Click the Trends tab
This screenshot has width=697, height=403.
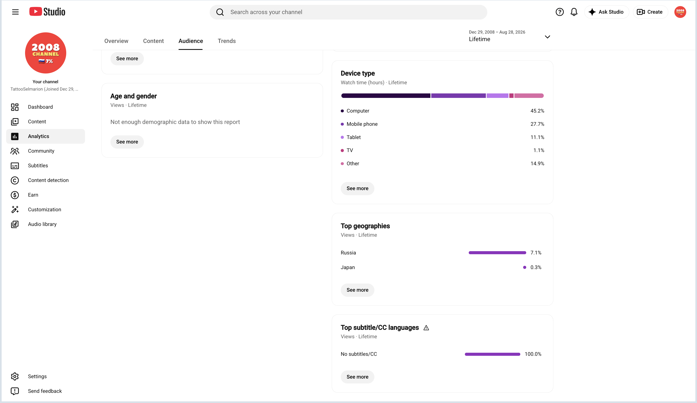pos(227,41)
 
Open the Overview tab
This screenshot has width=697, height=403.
pos(116,41)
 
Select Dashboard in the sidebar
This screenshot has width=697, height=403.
pos(40,107)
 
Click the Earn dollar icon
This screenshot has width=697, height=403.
pos(15,195)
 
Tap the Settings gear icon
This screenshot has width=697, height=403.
pos(15,377)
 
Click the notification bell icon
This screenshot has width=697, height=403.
pos(574,12)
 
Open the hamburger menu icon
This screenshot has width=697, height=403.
pos(15,12)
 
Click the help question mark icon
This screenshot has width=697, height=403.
pos(560,12)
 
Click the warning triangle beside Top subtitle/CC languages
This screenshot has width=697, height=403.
pos(426,328)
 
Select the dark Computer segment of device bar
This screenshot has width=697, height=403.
pos(386,96)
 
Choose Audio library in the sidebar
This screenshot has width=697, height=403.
pos(42,224)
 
